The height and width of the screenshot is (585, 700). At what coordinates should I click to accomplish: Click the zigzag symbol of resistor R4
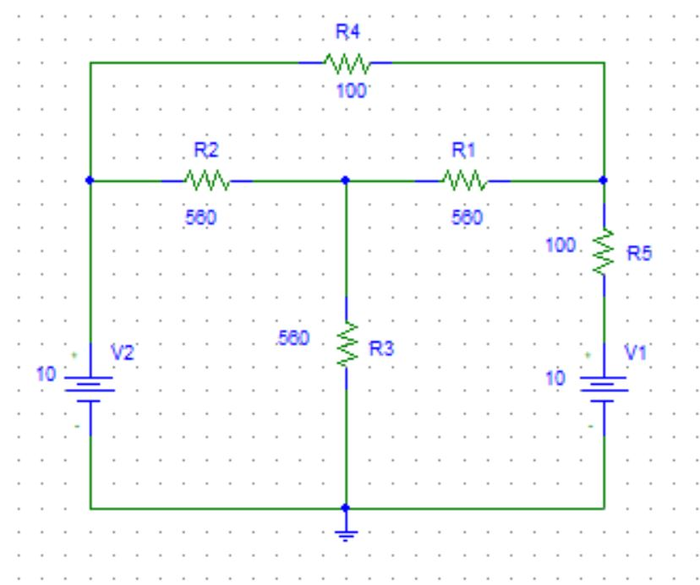point(346,63)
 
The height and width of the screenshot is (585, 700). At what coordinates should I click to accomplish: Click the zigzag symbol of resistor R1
point(463,180)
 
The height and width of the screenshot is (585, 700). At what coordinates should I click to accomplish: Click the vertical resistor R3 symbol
point(346,345)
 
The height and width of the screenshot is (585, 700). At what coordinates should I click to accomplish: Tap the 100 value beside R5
point(561,246)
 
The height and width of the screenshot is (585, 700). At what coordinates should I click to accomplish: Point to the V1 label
point(634,356)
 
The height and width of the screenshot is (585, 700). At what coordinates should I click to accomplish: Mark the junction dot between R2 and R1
point(346,180)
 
